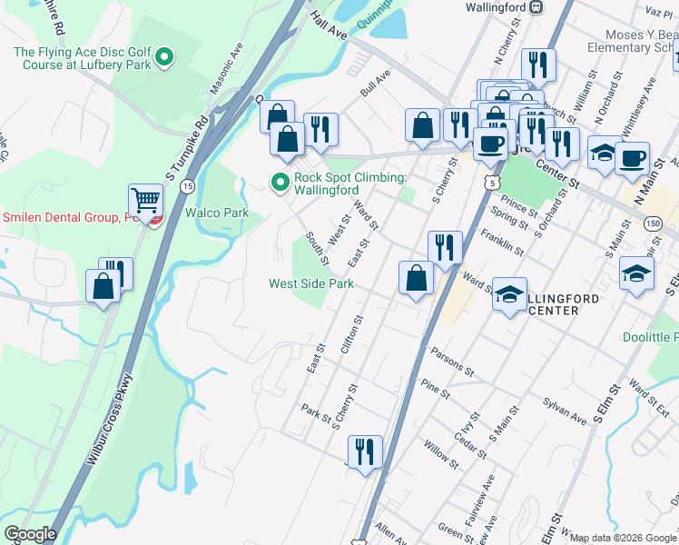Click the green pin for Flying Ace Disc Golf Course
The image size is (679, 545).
coord(164,59)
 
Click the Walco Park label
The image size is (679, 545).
coord(217,213)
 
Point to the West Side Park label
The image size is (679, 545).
coord(310,283)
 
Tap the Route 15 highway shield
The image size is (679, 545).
coord(186,185)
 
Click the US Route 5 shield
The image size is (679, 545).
coord(492,183)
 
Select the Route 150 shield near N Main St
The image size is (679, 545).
coord(653,223)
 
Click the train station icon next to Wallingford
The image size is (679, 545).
coord(536,6)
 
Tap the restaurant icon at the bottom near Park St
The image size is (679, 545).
coord(365,451)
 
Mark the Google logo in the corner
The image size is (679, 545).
coord(30,534)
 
